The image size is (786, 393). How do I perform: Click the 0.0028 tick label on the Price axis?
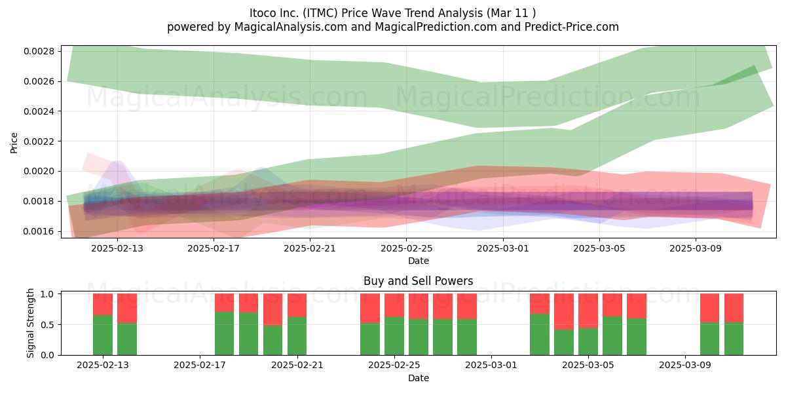(x=39, y=51)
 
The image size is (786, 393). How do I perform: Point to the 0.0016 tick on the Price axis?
(x=39, y=231)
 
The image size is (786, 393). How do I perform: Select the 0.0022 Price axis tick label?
(x=39, y=141)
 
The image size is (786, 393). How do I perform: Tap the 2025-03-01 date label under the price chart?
(x=503, y=248)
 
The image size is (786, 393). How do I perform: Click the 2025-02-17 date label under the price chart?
(x=214, y=248)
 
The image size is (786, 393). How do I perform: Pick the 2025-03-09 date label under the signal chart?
(x=685, y=365)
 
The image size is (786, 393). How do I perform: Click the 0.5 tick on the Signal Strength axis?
(x=47, y=325)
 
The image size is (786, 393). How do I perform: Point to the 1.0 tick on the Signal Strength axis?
(x=47, y=294)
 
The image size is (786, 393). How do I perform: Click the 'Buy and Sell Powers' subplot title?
(x=419, y=281)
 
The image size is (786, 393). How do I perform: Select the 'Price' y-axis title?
(x=14, y=143)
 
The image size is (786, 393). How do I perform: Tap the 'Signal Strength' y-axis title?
(x=30, y=323)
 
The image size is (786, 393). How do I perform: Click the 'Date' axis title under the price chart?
(x=419, y=261)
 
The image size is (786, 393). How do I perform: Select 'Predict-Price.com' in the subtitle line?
(x=572, y=27)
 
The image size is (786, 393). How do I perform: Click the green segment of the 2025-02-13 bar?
(x=103, y=335)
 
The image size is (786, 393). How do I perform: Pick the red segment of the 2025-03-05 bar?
(x=588, y=311)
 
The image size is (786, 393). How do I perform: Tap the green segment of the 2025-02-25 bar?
(x=394, y=336)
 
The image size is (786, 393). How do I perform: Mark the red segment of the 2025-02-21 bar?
(x=297, y=305)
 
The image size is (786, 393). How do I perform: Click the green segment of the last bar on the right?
(x=734, y=339)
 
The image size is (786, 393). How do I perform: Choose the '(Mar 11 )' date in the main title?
(x=512, y=13)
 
